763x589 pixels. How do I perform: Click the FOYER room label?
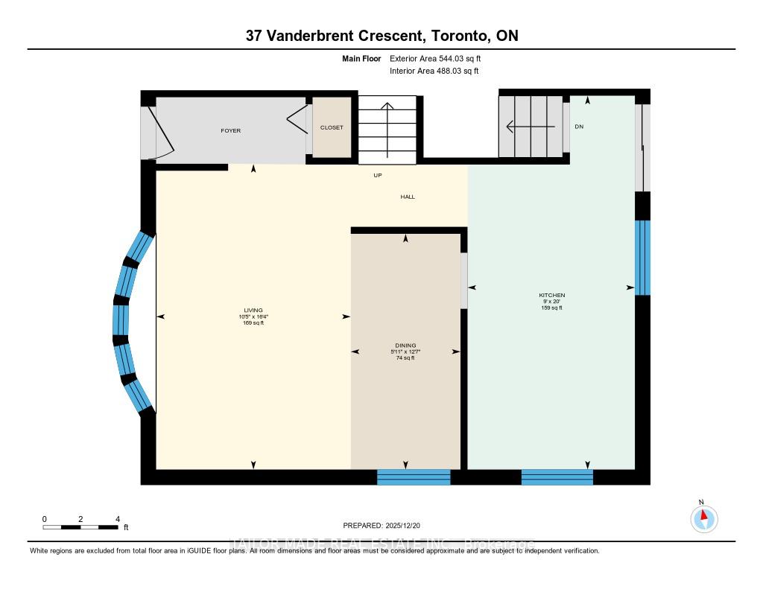click(230, 130)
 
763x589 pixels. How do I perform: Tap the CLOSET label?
click(332, 127)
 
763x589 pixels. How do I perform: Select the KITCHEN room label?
click(552, 296)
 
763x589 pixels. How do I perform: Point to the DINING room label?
click(405, 346)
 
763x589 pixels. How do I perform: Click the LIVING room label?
click(253, 311)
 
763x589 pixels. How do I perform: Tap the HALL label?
click(408, 197)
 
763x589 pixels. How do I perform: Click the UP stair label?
click(378, 176)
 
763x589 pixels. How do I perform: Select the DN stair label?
click(579, 127)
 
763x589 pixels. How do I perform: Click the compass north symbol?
click(703, 518)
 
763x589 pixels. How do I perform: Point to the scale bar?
click(80, 527)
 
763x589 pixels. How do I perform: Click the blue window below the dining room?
click(414, 477)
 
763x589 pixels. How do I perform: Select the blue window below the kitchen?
click(557, 477)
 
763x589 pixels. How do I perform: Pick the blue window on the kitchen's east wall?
click(642, 257)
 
